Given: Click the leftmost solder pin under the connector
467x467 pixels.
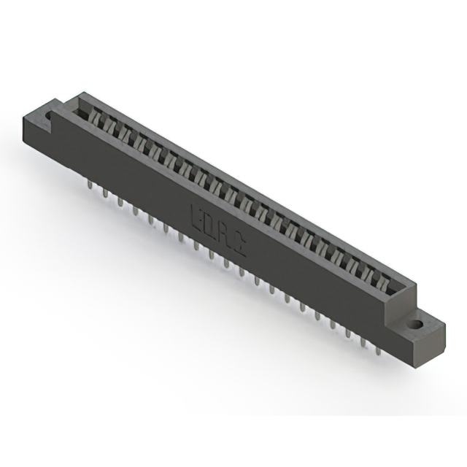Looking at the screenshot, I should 90,187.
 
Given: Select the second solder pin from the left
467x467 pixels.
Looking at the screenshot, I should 105,195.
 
